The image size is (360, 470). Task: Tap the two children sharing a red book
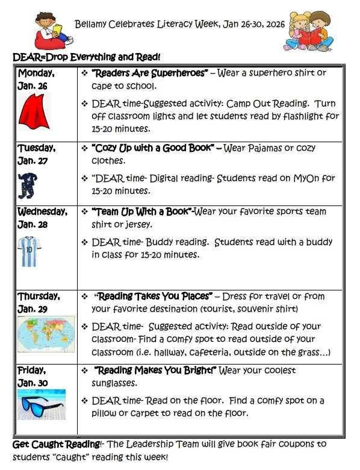coord(308,30)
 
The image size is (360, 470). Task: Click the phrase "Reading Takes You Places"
coord(155,296)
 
